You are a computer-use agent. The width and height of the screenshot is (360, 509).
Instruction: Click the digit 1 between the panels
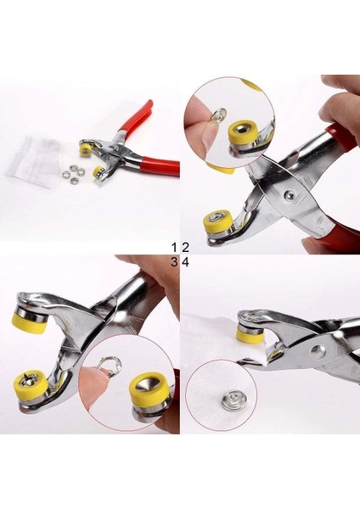coord(175,247)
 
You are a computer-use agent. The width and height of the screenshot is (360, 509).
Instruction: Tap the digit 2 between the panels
coord(184,247)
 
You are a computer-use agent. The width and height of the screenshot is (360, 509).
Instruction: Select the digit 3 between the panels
coord(175,262)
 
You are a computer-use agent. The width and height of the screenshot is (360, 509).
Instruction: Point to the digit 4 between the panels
coord(184,262)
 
